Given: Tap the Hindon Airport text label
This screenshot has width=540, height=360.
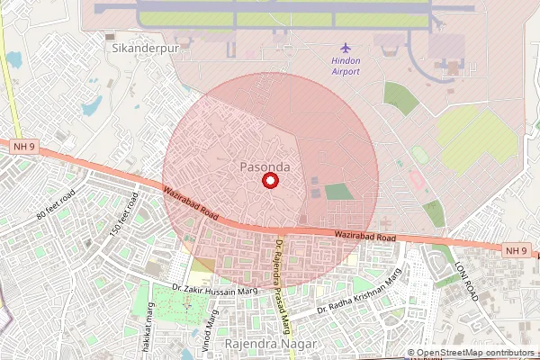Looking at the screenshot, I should point(346,67).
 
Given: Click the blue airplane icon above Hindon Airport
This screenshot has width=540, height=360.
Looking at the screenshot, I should point(346,48).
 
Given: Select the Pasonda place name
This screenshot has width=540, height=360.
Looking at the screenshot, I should point(265,167).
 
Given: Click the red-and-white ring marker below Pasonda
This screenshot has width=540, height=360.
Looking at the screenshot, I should point(268,182).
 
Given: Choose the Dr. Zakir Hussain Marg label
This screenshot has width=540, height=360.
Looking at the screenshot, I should point(215,289).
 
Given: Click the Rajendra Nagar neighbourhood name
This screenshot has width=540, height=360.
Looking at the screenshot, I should point(271,345).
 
